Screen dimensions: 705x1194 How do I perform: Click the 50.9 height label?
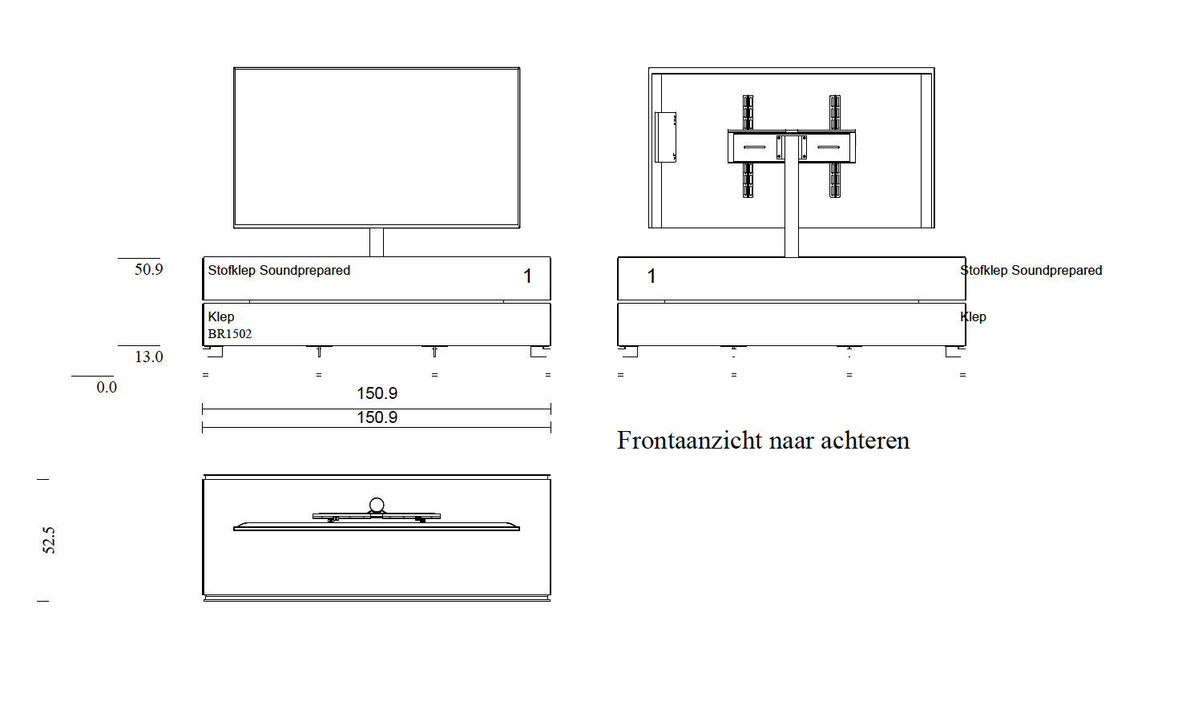click(x=148, y=270)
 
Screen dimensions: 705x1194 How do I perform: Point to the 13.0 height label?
click(x=148, y=357)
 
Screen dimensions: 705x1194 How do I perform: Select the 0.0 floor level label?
click(x=107, y=388)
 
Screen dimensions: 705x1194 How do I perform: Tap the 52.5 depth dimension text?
click(x=49, y=540)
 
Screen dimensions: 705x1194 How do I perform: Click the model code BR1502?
click(x=230, y=334)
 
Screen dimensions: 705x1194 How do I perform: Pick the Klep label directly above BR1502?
click(x=221, y=317)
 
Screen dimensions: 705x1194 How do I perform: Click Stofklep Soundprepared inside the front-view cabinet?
click(x=279, y=271)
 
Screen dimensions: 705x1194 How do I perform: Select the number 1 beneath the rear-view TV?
click(x=651, y=276)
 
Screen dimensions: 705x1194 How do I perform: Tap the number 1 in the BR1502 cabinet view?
click(x=527, y=276)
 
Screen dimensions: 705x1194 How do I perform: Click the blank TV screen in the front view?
click(x=377, y=147)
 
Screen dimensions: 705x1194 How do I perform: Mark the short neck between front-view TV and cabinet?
click(x=377, y=242)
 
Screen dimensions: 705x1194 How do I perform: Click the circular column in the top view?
click(x=377, y=505)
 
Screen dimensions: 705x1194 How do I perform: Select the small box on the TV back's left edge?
click(x=665, y=137)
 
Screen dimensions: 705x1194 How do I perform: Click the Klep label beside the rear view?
click(x=974, y=317)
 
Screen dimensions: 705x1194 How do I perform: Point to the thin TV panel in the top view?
click(x=377, y=528)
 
